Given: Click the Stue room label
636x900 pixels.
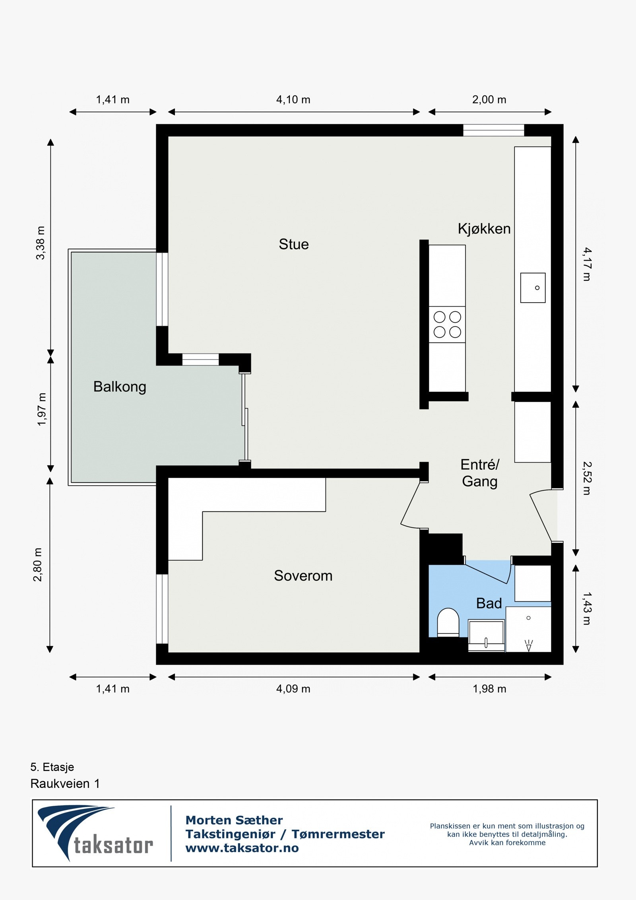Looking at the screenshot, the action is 294,244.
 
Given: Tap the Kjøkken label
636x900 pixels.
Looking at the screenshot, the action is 484,229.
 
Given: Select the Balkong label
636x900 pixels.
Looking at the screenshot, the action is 120,387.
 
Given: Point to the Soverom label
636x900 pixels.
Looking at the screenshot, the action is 303,575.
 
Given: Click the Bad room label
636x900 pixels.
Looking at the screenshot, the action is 489,604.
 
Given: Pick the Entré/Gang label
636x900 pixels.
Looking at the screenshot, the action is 480,473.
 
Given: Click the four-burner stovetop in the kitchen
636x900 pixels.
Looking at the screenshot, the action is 447,325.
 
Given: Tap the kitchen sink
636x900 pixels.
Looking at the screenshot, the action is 533,288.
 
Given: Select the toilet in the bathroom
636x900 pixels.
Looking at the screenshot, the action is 448,622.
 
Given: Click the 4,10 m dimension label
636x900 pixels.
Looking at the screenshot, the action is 293,99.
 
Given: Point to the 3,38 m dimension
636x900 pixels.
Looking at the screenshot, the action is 41,243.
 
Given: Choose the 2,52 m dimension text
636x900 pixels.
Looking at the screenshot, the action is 587,478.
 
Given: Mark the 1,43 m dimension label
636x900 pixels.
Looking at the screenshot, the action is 587,609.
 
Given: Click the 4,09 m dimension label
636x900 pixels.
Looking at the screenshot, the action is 293,689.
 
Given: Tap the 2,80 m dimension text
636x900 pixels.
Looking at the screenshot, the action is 37,565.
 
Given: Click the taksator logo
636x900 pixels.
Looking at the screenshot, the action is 95,833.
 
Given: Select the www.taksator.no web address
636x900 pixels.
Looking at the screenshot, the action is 242,848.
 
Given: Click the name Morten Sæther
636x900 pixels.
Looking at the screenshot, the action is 234,820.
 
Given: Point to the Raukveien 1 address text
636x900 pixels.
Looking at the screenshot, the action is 65,784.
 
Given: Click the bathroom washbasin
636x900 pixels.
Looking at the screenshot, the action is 486,636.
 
